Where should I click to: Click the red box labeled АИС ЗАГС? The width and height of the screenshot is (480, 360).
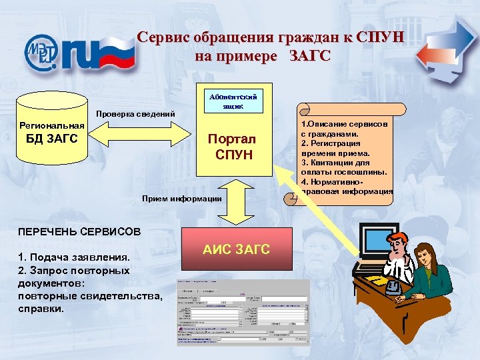point(237,249)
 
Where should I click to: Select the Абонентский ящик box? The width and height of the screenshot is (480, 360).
point(233,101)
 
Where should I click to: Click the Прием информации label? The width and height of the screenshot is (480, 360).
point(182,198)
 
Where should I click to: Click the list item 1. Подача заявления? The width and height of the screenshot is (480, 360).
point(65,257)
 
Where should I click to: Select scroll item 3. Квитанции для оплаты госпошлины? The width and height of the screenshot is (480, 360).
point(343,167)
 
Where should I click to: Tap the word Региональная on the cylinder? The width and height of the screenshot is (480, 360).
point(51,125)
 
